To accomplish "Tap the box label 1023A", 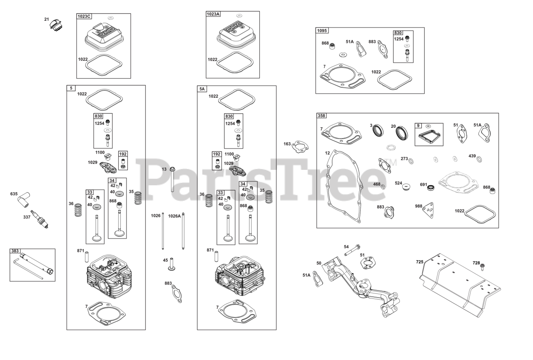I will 213,14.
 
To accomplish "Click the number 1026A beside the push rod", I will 174,216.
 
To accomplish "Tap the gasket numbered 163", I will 300,146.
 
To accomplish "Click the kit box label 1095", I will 322,30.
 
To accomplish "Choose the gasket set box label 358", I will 322,116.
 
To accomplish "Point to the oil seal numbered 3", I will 379,130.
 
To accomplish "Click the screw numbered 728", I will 483,266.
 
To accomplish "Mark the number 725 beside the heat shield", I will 419,262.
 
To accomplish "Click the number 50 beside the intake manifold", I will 319,263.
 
